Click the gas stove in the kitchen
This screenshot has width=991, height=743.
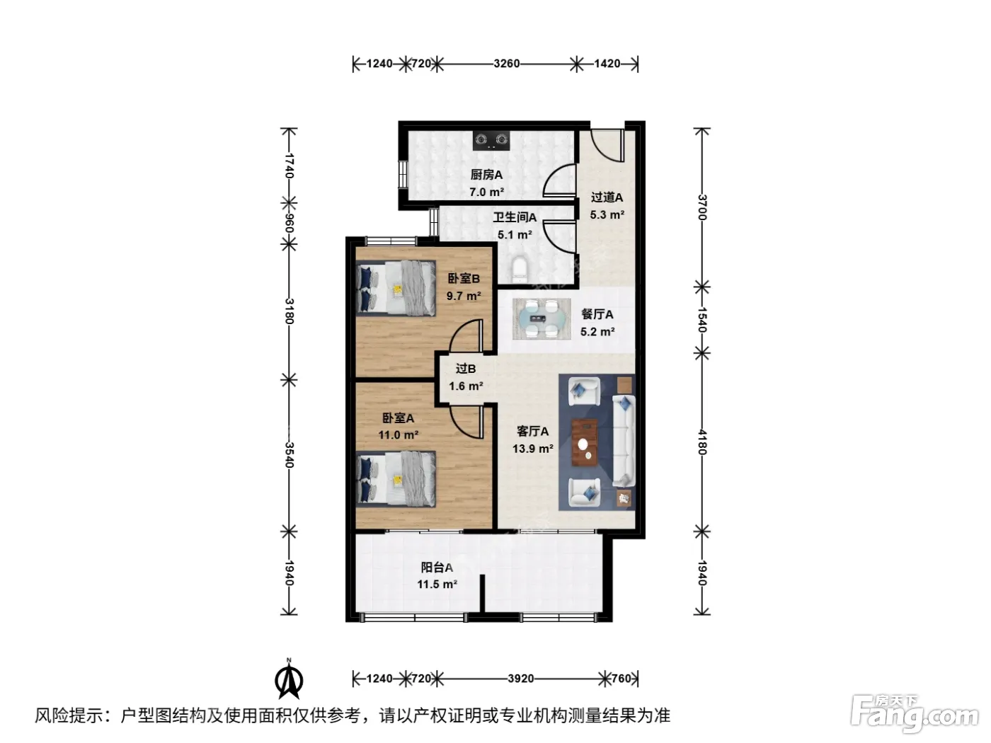(491, 140)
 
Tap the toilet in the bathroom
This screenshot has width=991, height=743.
(520, 270)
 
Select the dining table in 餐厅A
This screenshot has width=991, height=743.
(542, 319)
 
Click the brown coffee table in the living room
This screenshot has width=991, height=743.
(584, 442)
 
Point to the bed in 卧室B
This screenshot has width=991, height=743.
(396, 288)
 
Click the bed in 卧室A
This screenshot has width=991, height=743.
(396, 478)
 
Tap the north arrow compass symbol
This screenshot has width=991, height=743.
(289, 679)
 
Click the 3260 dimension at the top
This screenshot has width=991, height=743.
(506, 64)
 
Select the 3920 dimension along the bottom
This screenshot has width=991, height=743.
(520, 679)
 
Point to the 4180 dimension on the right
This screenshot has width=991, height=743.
(702, 442)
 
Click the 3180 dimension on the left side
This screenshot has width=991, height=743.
(289, 311)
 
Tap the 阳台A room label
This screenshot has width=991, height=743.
(437, 567)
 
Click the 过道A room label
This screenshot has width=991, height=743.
(607, 197)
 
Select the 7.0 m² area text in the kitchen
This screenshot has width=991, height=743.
(486, 192)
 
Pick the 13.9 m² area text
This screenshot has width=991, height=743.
(533, 449)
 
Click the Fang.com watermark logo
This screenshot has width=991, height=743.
(915, 714)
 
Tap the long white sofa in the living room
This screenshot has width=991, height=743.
(624, 441)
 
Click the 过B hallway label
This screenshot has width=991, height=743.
(466, 369)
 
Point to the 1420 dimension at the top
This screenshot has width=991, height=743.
(607, 64)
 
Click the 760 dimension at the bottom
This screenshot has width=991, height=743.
(621, 679)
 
